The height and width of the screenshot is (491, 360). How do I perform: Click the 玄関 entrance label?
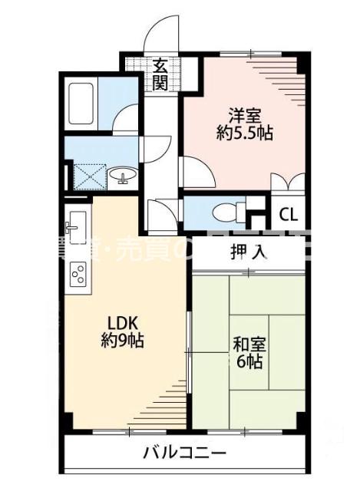(x=160, y=74)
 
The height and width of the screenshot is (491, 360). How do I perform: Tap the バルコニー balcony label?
(x=184, y=453)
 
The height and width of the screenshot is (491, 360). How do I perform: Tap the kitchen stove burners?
(x=78, y=273)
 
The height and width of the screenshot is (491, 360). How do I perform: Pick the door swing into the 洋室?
(x=193, y=170)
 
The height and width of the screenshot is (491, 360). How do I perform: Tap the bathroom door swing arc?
(x=125, y=119)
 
